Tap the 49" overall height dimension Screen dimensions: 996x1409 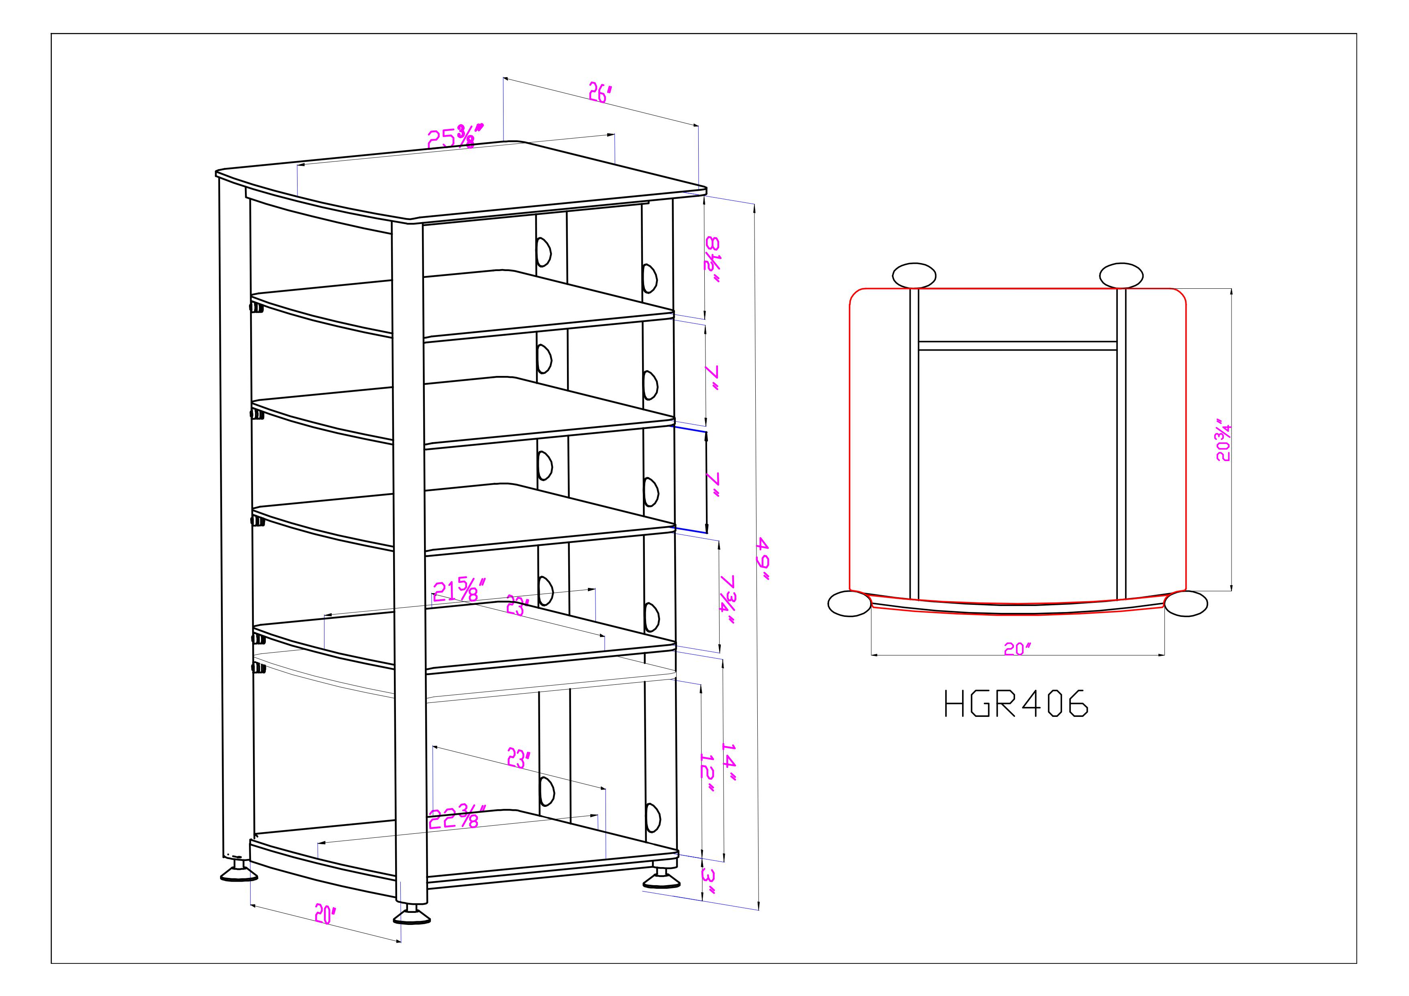[x=763, y=559]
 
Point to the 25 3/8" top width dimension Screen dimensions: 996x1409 [x=455, y=136]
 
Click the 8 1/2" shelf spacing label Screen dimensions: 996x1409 [x=712, y=261]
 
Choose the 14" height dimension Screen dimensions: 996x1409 [x=728, y=763]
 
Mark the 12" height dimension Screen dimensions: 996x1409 [x=708, y=773]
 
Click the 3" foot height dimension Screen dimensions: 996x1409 [x=708, y=882]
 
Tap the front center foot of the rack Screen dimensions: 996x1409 [x=412, y=916]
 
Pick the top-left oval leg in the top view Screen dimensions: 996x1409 [x=914, y=276]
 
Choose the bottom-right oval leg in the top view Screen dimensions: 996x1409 [x=1186, y=604]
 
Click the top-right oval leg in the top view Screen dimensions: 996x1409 [x=1121, y=275]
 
